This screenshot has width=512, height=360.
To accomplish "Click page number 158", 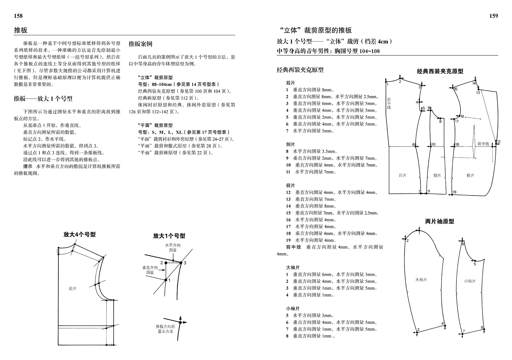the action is click(x=18, y=16).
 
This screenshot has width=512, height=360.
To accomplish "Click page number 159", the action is click(x=494, y=16).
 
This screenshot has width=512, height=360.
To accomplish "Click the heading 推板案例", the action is click(x=140, y=44).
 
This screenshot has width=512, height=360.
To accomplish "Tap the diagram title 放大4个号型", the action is click(x=80, y=234).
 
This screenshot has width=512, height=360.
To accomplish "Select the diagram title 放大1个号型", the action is click(x=169, y=236).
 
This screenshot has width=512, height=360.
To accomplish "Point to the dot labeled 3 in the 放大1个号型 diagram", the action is click(x=181, y=263).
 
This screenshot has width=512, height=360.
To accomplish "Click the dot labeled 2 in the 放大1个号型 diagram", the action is click(x=166, y=263).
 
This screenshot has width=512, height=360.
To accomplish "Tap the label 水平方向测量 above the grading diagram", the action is click(x=173, y=248).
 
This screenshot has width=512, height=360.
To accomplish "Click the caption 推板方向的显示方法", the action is click(x=165, y=329).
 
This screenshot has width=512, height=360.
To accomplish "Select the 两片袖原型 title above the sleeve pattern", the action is click(x=440, y=221).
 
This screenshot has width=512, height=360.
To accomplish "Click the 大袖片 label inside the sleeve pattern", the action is click(x=421, y=280).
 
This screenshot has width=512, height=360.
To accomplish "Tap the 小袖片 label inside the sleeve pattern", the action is click(x=470, y=281).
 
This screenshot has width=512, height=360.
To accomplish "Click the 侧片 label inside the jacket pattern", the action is click(x=437, y=175).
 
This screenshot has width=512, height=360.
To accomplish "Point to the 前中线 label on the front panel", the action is click(x=483, y=144).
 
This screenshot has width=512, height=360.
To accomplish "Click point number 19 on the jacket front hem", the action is click(x=454, y=192).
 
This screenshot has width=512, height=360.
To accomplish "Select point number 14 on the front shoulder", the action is click(x=474, y=83).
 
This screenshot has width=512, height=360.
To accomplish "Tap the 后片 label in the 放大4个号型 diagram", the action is click(x=73, y=289).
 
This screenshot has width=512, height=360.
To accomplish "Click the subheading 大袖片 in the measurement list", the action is click(x=293, y=268).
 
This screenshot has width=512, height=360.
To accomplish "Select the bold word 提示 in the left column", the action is click(x=28, y=167).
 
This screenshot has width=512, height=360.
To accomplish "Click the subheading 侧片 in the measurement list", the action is click(x=291, y=145).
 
